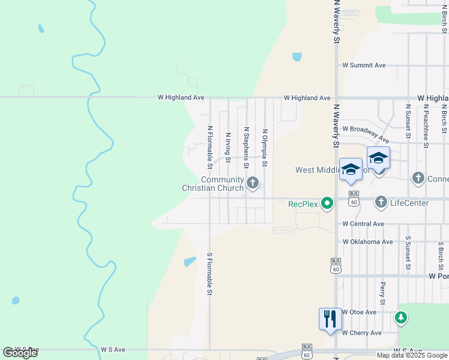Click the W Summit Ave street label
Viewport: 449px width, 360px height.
(x=364, y=65)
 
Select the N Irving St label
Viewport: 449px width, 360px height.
(x=228, y=148)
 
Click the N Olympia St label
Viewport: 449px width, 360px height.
(x=264, y=148)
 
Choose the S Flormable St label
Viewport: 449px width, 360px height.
(x=210, y=274)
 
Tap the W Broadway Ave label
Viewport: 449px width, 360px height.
(x=366, y=133)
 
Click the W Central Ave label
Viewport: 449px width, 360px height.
(x=363, y=224)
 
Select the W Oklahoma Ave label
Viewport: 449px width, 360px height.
(x=367, y=242)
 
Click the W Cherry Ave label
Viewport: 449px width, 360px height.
(x=362, y=332)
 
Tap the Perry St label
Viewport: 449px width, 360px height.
(x=382, y=292)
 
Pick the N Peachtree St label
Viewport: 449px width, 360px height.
(x=426, y=126)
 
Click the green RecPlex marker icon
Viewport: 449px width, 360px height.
(x=327, y=203)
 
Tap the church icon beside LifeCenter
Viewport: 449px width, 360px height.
(x=381, y=203)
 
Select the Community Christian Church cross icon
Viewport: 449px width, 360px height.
(x=253, y=182)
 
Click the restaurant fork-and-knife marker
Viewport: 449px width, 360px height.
(x=330, y=317)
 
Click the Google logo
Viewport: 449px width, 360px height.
(x=20, y=353)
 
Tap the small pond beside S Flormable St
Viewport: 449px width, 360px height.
(x=190, y=262)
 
